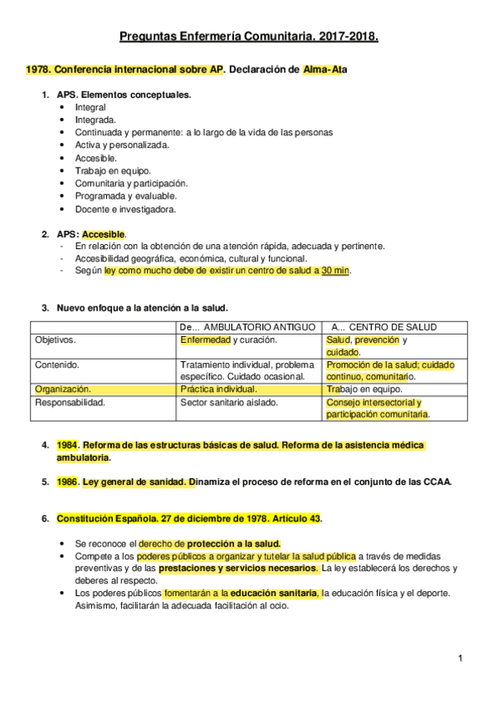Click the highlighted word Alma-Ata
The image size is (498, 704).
325,70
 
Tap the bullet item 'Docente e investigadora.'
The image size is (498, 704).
124,209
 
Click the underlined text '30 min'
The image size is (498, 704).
336,271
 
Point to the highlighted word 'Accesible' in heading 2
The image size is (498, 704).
104,235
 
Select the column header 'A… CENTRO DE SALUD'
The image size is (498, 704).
383,327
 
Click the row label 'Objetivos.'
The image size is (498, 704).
56,340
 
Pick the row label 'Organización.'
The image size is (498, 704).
63,389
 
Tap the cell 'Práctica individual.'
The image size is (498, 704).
218,389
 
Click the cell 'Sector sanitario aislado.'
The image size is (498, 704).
229,403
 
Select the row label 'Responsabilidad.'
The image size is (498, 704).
70,403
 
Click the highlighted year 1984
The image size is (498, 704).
67,446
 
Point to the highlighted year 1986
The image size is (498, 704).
67,482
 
